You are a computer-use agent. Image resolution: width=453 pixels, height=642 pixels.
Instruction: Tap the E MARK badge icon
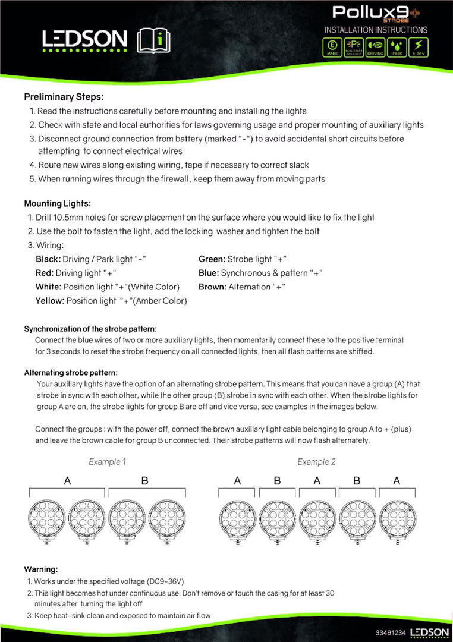[332, 46]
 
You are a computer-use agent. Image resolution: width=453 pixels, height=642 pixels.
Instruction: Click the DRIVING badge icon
[376, 46]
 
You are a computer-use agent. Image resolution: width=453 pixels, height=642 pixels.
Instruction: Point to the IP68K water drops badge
[398, 46]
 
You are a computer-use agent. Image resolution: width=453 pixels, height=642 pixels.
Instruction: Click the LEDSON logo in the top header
[84, 40]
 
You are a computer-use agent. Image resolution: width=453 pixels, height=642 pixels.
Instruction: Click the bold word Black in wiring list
[48, 259]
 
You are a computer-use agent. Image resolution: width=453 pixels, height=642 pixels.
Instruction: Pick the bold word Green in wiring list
[211, 259]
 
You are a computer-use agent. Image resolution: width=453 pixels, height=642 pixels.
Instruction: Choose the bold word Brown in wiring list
[212, 287]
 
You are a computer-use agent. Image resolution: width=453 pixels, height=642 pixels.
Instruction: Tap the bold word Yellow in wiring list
[49, 301]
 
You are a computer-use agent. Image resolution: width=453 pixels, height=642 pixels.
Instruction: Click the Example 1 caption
[107, 461]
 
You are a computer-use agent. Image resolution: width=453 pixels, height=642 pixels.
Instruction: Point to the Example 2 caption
[316, 461]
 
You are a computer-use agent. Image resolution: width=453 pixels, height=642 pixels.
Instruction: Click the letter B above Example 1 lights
[144, 481]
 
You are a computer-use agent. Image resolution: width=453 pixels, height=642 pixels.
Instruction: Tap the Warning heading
[40, 569]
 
